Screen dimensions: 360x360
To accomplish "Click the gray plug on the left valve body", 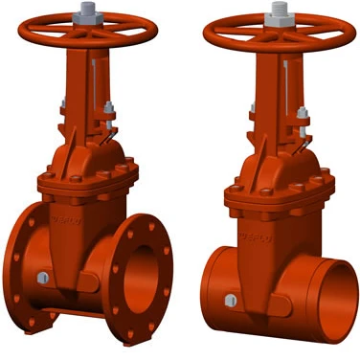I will click(x=43, y=279).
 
